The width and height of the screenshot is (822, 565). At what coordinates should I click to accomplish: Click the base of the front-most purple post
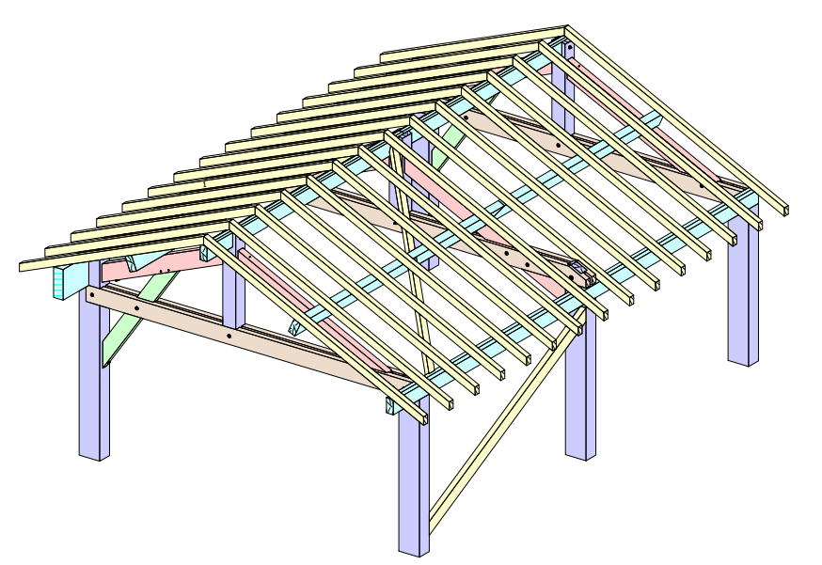point(414,545)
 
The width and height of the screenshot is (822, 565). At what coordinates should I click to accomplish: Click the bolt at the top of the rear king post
point(568,46)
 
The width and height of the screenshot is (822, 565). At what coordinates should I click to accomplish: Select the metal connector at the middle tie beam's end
point(583,275)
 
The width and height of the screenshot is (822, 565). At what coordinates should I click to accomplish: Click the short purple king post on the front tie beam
point(233,291)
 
